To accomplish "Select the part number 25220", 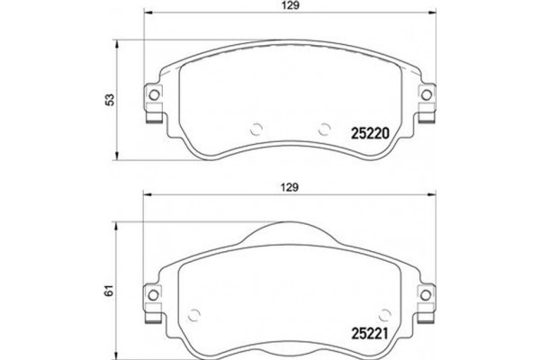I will pos(366,131).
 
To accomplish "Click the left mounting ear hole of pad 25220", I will pos(152,95).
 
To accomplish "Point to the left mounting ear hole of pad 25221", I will pos(152,293).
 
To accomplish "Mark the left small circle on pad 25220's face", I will pos(255,127).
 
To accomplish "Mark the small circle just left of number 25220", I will pos(325,127).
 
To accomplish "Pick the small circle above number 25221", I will pos(385,312).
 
